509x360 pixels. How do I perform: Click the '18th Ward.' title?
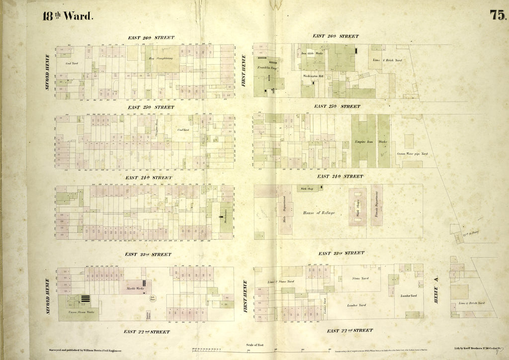(68, 15)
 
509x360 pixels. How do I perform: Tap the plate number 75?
(498, 14)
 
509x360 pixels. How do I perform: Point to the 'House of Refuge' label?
(319, 213)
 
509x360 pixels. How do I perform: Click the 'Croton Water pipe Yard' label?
(412, 154)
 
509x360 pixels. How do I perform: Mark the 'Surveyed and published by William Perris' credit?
(83, 351)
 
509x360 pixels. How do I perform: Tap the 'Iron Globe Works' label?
(312, 53)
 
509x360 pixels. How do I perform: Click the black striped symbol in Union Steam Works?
(86, 299)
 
